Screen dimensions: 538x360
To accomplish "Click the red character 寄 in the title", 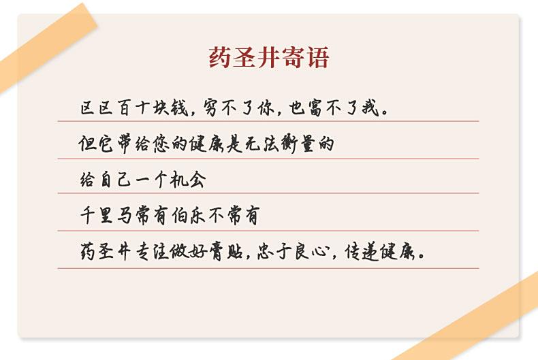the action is pyautogui.click(x=294, y=57).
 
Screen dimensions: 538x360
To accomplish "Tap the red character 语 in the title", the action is pyautogui.click(x=318, y=57).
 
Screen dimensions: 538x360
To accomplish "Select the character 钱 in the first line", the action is pyautogui.click(x=180, y=108).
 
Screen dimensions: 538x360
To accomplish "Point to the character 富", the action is pyautogui.click(x=317, y=108).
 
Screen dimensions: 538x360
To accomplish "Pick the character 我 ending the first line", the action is pyautogui.click(x=370, y=108).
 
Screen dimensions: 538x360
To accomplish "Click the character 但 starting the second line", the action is pyautogui.click(x=87, y=144).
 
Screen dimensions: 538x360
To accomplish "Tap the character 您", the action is pyautogui.click(x=161, y=144).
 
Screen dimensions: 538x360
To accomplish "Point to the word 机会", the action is pyautogui.click(x=188, y=179).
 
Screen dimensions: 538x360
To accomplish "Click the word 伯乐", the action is pyautogui.click(x=189, y=215).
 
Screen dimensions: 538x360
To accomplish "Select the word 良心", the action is pyautogui.click(x=311, y=252).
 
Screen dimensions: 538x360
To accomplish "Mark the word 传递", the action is pyautogui.click(x=362, y=252).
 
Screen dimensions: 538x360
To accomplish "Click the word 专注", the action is pyautogui.click(x=152, y=252).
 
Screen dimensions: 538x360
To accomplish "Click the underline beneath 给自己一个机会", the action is pyautogui.click(x=268, y=193).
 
